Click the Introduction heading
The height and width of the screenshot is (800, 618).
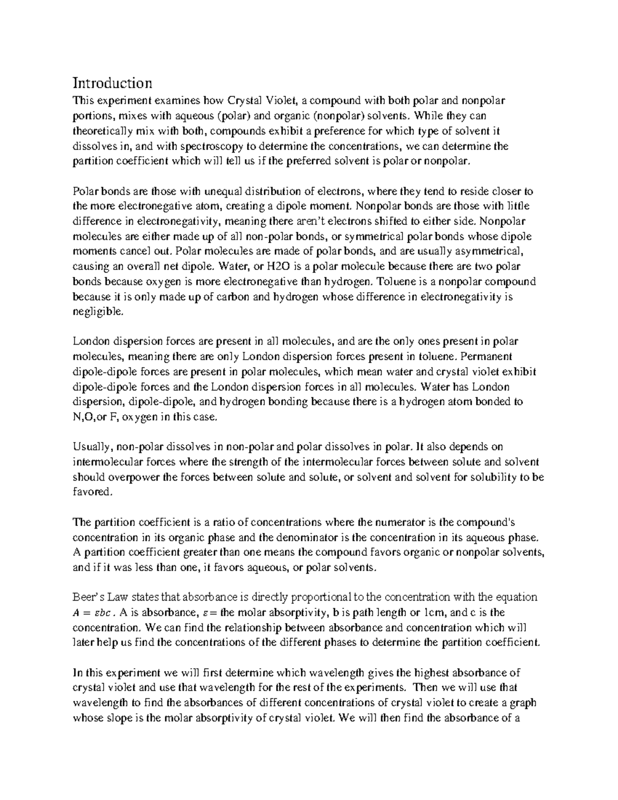click(112, 83)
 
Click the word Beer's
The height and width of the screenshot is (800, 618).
click(89, 597)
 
